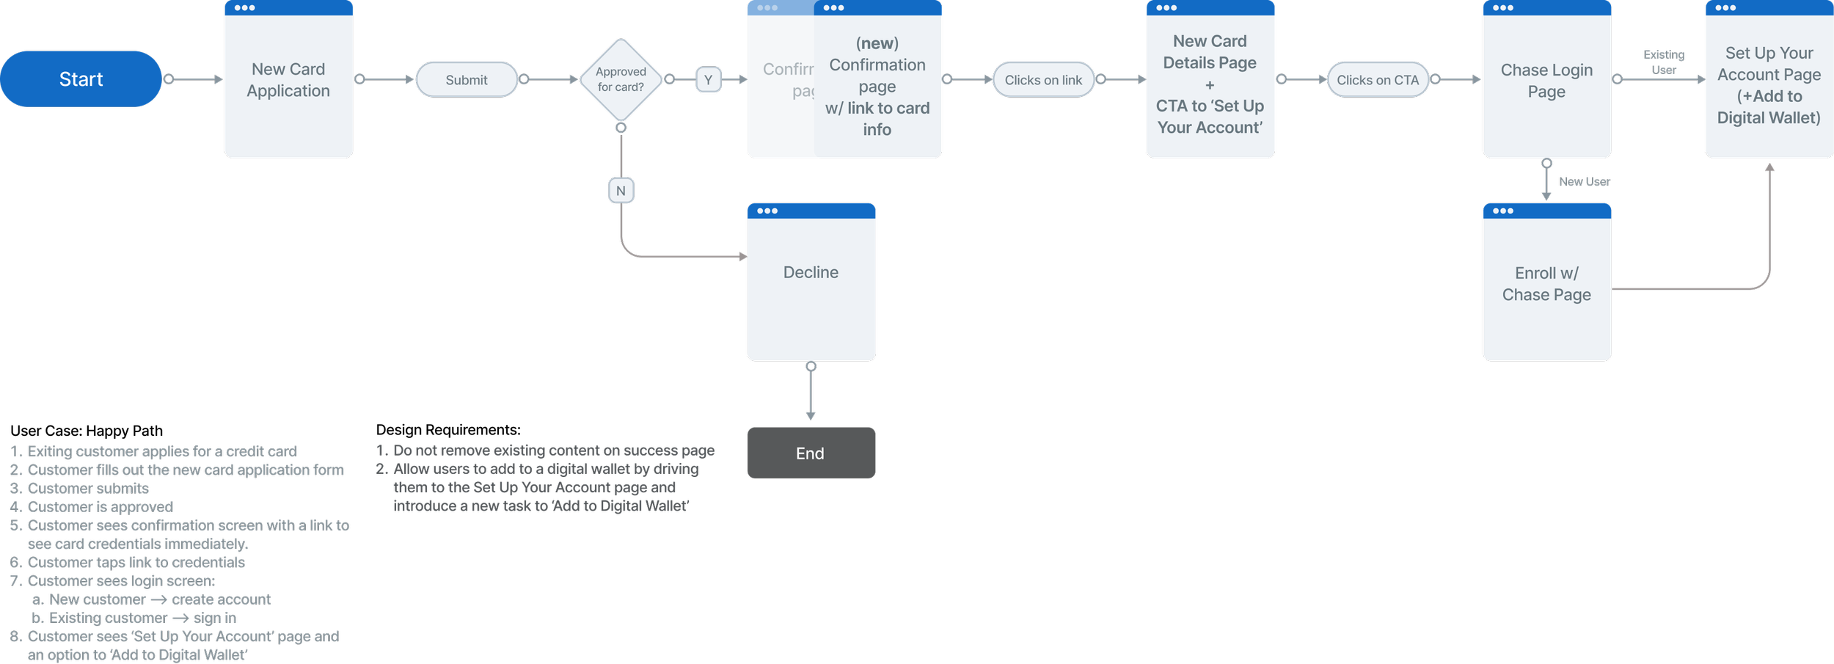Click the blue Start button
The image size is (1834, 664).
81,79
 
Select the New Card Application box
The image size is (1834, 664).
288,80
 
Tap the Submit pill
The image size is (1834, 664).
467,80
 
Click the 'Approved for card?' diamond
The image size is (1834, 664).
621,79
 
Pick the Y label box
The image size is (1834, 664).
708,80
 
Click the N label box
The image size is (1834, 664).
621,191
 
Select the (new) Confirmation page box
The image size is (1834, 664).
877,87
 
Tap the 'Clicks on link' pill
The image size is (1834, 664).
1042,80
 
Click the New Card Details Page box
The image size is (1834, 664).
1210,84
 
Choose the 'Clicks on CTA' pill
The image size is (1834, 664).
1377,80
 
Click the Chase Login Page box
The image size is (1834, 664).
1546,81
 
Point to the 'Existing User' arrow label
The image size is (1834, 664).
1664,62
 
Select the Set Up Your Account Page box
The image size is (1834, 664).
1769,85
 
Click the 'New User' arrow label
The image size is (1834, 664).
1584,182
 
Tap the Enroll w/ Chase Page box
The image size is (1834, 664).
1546,284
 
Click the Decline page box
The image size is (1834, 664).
811,282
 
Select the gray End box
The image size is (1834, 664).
811,453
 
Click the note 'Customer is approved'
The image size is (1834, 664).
100,507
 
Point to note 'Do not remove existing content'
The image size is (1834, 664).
553,450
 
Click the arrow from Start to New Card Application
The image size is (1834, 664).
194,79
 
